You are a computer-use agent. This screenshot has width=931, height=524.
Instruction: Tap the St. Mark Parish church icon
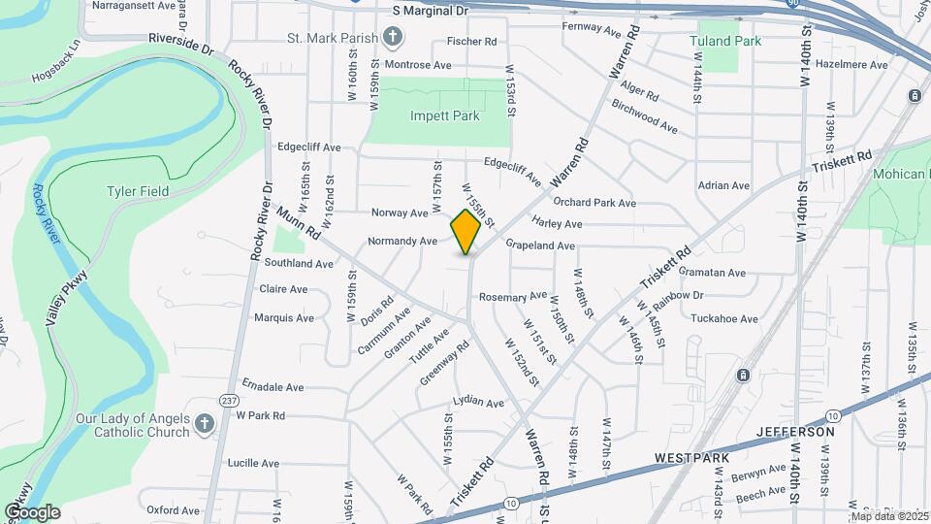392,38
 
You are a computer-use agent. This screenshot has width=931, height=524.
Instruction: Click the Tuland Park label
724,41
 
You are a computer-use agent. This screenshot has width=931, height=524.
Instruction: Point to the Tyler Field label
137,191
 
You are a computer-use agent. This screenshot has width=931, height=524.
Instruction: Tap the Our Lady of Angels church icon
204,423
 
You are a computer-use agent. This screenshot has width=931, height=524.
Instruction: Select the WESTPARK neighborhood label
690,456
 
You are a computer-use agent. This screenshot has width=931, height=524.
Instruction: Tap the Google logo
32,511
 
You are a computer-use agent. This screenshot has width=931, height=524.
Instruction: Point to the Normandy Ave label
402,241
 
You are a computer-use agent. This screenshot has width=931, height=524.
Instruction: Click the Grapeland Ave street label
539,246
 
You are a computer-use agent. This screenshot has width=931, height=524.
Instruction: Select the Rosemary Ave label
520,296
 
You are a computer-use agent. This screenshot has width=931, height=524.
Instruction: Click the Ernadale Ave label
273,386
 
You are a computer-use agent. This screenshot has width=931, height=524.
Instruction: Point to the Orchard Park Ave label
594,203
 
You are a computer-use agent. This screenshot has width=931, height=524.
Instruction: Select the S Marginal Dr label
430,10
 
